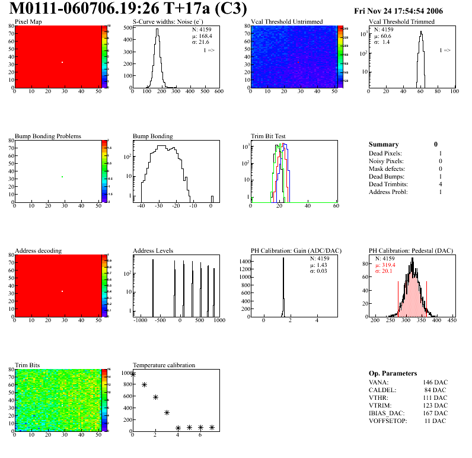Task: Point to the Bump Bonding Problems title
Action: click(48, 136)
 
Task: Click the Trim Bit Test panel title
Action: click(272, 136)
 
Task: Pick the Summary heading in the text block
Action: click(384, 144)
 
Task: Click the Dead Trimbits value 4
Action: click(441, 185)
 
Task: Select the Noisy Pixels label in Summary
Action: click(386, 161)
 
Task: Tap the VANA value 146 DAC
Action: click(435, 383)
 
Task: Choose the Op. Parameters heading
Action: click(393, 373)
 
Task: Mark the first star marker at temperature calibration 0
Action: click(133, 374)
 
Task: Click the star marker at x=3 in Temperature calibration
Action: click(167, 412)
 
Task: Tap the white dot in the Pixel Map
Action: click(62, 62)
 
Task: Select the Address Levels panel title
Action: click(153, 251)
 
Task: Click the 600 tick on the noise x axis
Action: click(219, 91)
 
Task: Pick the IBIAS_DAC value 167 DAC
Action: click(435, 413)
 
